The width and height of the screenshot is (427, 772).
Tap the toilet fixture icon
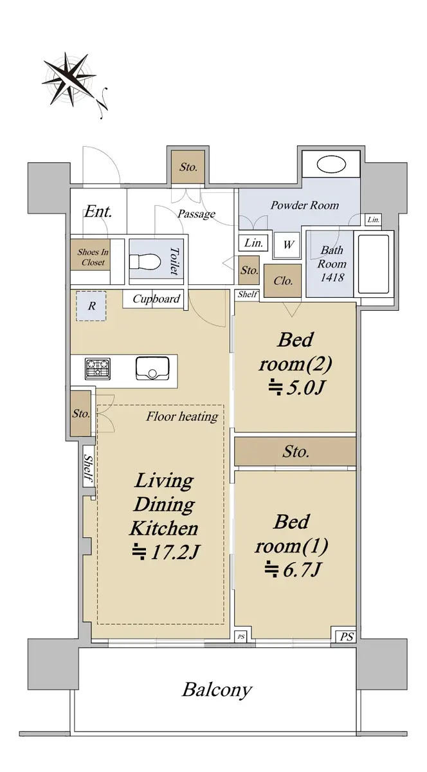point(145,262)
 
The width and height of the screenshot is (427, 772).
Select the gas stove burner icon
point(98,369)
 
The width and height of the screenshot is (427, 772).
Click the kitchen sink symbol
point(152,369)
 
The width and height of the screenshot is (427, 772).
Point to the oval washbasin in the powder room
point(331,165)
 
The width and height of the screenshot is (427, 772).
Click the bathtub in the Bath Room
point(374,264)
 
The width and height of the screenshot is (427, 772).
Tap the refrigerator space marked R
point(91,306)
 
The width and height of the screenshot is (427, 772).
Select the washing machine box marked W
point(287,244)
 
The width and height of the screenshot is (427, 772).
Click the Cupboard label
point(156,299)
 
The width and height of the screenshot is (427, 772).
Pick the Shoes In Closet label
point(93,257)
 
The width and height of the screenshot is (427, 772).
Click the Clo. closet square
point(282,280)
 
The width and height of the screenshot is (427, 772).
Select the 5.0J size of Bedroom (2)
point(296,388)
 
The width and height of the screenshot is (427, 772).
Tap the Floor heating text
point(182,417)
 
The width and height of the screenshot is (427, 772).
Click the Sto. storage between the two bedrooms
point(295,452)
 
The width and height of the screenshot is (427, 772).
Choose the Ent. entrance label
point(98,211)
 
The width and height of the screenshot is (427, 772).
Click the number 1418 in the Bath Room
point(332,277)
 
